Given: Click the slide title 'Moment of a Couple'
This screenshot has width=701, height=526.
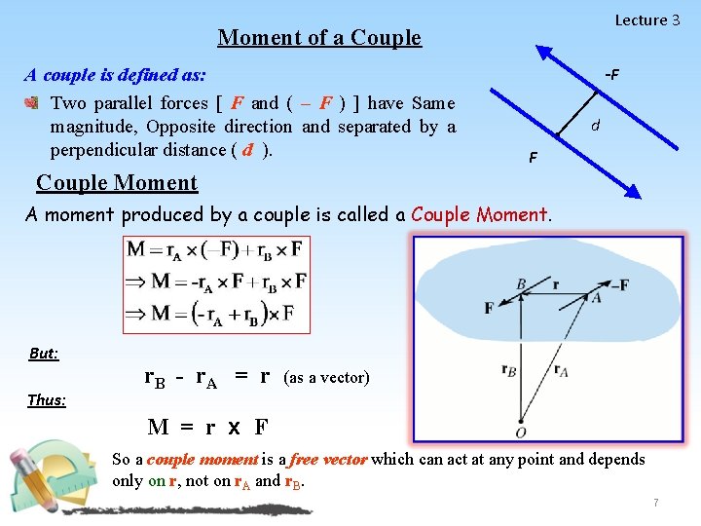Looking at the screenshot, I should click(319, 38).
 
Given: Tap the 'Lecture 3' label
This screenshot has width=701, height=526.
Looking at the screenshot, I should click(646, 20).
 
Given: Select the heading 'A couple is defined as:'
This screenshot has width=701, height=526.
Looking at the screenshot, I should click(115, 75).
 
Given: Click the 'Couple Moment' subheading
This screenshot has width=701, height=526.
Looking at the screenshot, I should click(117, 183).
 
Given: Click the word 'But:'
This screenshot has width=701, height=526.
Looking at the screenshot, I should click(44, 354).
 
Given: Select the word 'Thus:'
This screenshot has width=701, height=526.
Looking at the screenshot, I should click(47, 399).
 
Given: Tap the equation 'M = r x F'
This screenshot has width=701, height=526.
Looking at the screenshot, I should click(207, 427).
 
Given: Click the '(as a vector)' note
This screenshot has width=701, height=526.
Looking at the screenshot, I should click(326, 378).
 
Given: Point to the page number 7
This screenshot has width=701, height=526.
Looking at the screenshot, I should click(656, 503).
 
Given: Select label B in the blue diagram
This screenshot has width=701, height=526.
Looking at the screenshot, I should click(522, 285).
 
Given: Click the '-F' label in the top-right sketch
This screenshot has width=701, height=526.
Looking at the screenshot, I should click(611, 75).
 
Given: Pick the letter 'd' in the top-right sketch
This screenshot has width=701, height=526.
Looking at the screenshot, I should click(595, 126).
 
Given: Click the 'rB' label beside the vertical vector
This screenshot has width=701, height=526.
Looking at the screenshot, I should click(508, 370).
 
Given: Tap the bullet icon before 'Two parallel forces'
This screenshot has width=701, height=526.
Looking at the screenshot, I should click(32, 103).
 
